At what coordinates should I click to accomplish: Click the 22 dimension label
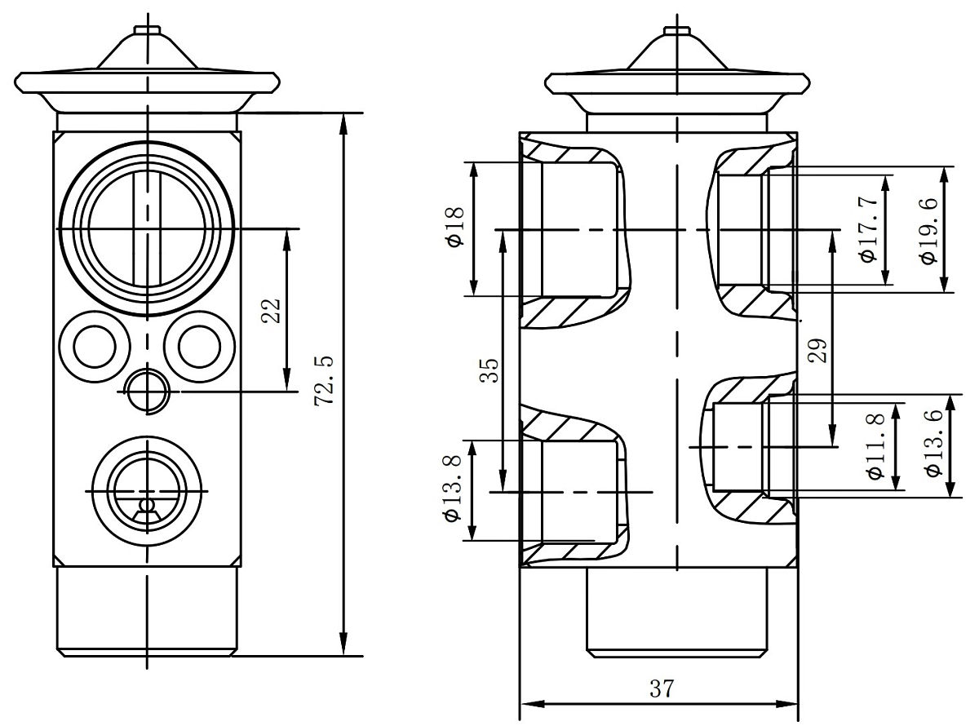(x=271, y=311)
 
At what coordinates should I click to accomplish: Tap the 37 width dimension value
(x=662, y=688)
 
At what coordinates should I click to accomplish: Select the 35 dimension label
(x=489, y=370)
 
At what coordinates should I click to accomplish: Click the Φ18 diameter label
(x=455, y=227)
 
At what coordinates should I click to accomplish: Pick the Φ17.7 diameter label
(x=868, y=229)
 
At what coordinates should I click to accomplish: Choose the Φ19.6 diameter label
(x=928, y=231)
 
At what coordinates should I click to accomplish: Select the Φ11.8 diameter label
(x=876, y=445)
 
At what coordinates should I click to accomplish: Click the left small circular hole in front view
(x=95, y=347)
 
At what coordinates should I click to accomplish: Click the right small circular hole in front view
(x=200, y=347)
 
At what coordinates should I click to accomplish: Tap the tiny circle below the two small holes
(x=148, y=392)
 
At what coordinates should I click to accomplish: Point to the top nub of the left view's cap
(x=148, y=29)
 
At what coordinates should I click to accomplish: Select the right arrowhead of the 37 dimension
(x=787, y=703)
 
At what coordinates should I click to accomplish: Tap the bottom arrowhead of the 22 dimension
(x=287, y=381)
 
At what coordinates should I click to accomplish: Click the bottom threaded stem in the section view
(x=677, y=612)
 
